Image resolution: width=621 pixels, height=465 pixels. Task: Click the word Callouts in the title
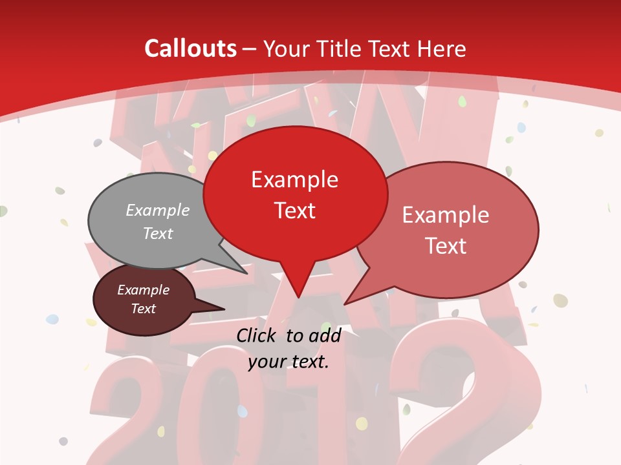pos(190,48)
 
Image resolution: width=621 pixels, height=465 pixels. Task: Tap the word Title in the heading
pos(342,48)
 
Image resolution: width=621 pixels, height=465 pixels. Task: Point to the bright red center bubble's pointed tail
pos(298,284)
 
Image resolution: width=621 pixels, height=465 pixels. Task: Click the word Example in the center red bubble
pos(294,180)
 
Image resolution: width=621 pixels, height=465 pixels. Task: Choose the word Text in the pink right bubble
pos(445,246)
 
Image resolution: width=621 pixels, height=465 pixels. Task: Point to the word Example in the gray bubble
pos(158,211)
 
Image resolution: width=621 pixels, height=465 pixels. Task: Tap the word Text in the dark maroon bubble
pos(144,309)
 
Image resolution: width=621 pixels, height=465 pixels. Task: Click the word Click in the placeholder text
pos(257,335)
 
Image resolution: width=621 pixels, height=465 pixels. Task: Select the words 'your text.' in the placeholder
pos(289,362)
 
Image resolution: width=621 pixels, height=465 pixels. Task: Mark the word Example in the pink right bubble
pos(445,215)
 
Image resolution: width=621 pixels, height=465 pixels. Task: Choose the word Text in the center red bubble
pos(294,211)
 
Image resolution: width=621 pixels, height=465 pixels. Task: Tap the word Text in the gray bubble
pos(158,233)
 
